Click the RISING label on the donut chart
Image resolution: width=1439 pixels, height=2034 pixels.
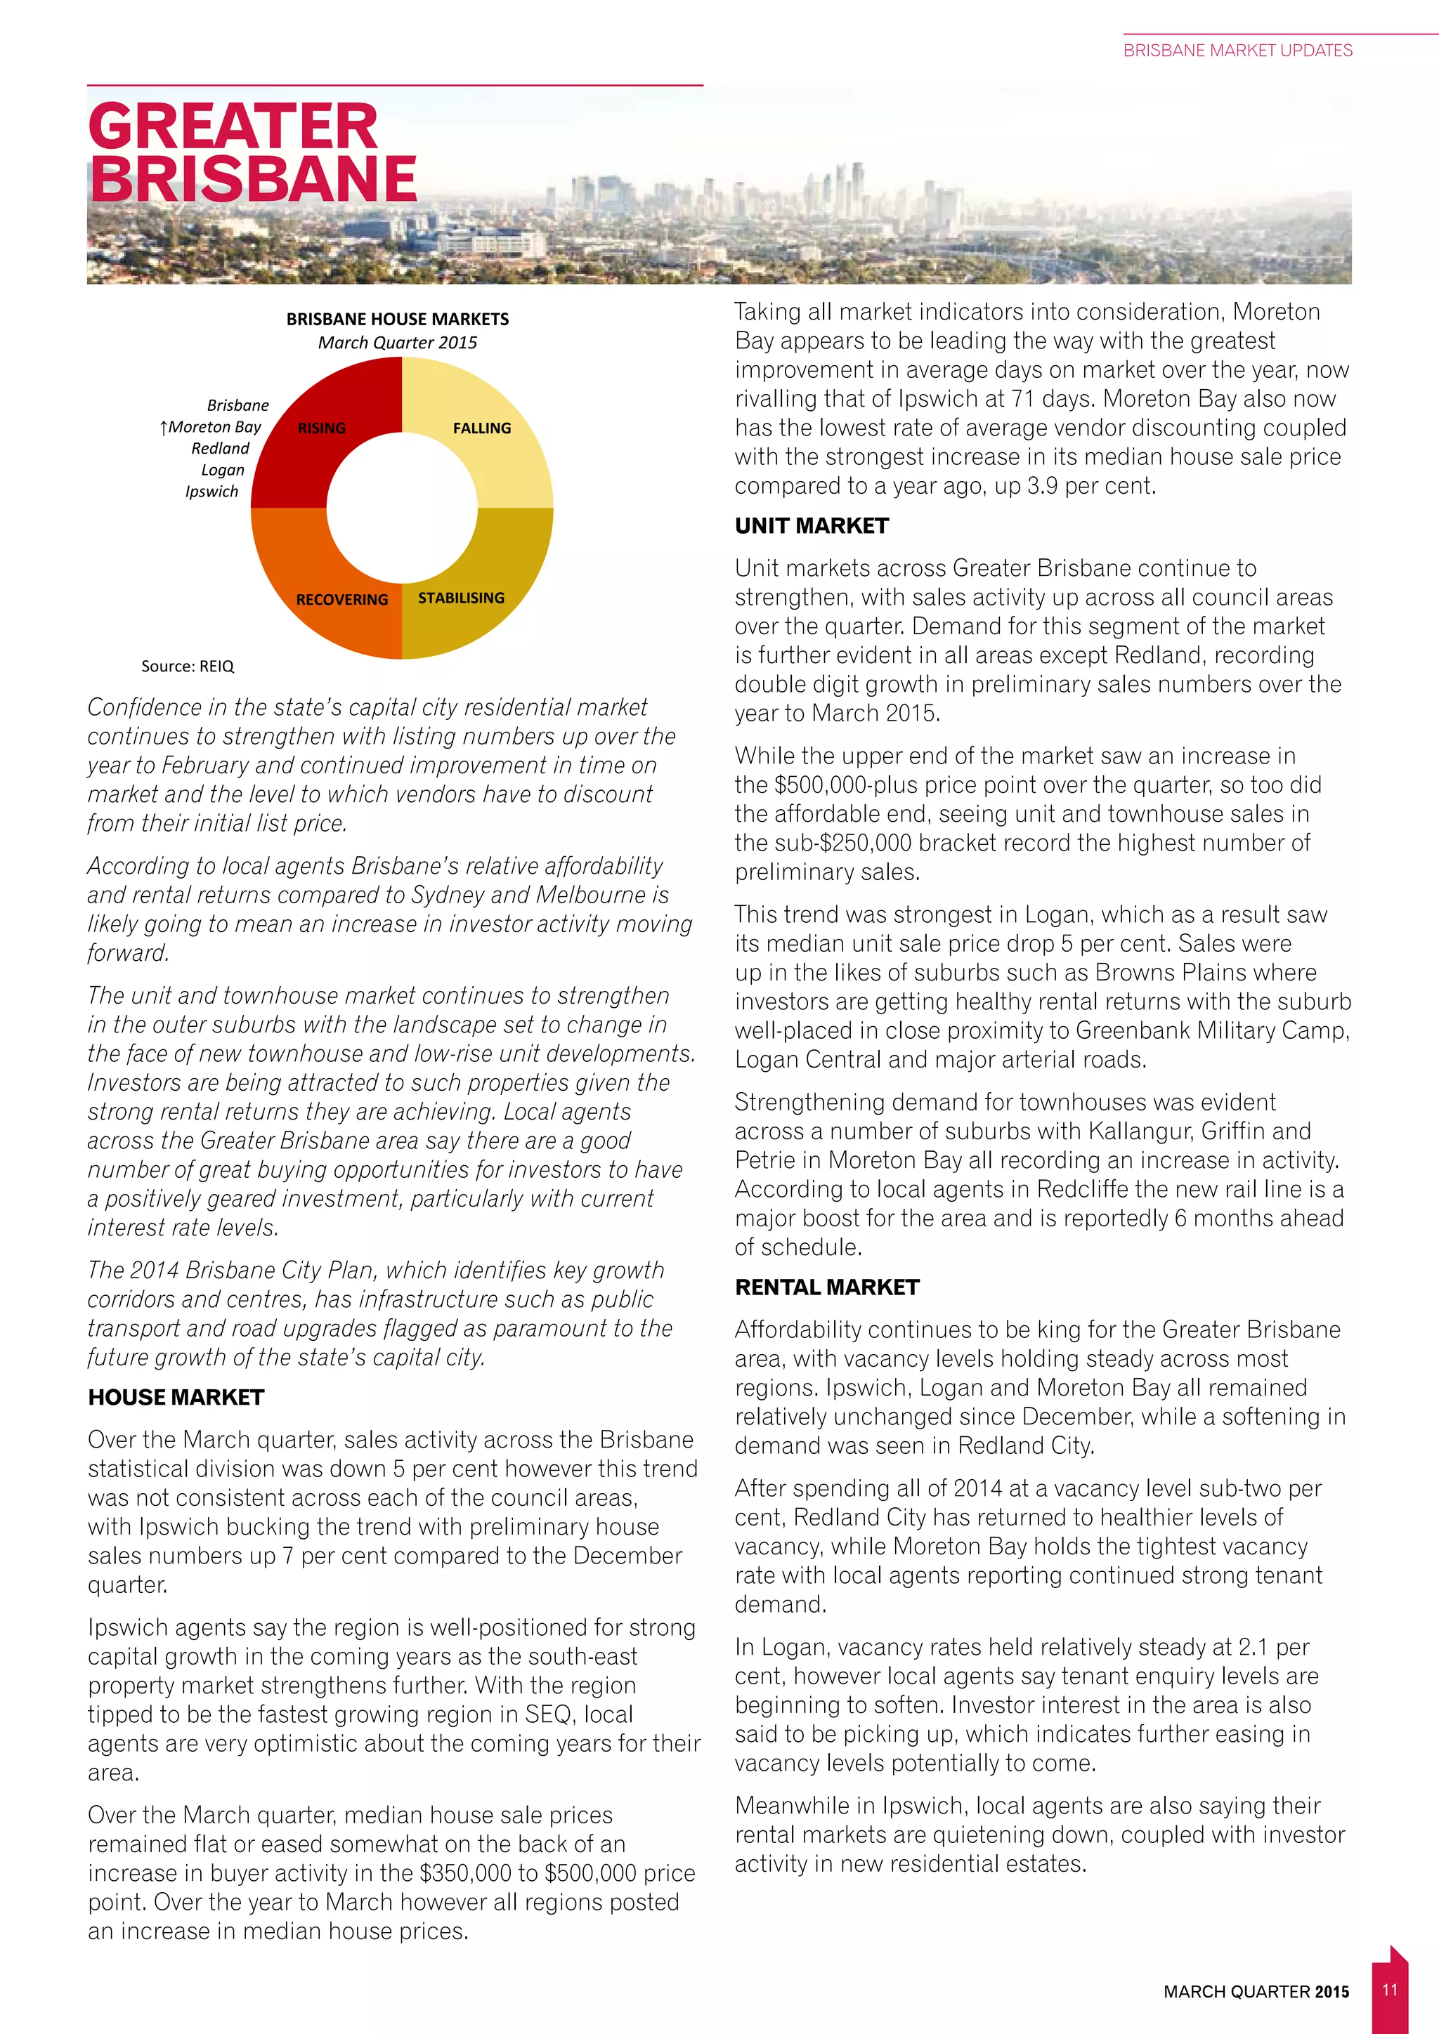pos(321,428)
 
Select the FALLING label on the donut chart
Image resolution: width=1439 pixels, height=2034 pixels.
pos(481,428)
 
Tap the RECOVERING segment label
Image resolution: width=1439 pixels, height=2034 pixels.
pos(341,600)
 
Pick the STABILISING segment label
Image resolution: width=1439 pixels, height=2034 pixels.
pos(461,598)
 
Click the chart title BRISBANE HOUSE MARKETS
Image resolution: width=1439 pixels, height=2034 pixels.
pos(397,319)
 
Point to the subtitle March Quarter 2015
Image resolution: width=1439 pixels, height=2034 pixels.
pos(397,343)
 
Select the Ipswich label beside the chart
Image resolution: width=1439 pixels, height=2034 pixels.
pos(211,492)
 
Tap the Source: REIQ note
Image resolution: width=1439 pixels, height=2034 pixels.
pos(187,667)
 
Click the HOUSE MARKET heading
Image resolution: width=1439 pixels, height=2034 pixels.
pos(176,1397)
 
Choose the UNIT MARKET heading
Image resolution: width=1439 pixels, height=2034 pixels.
pos(811,525)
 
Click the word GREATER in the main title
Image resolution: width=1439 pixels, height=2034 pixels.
pos(233,126)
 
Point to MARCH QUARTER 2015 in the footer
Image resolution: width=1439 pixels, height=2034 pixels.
pos(1256,1991)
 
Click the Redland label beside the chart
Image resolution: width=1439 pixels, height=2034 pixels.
pos(221,448)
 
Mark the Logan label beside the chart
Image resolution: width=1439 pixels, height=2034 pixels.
pos(223,471)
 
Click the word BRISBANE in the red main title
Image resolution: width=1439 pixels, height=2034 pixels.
pos(254,179)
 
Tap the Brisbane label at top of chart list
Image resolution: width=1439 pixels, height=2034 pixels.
pos(237,406)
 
